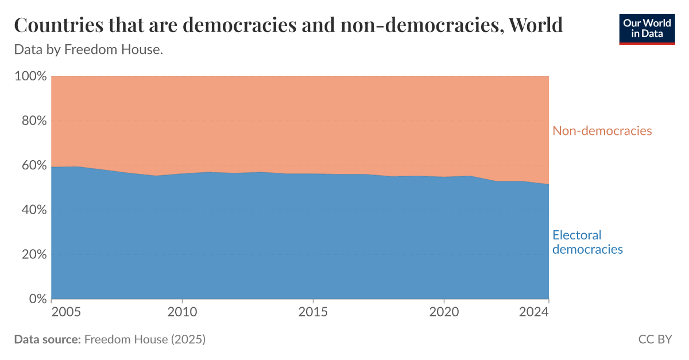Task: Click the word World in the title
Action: (x=536, y=26)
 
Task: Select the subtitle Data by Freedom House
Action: (x=88, y=50)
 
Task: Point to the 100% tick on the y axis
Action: (x=30, y=76)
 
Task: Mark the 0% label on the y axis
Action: (x=36, y=299)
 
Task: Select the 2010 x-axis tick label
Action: (x=182, y=312)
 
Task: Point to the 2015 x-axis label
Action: (x=313, y=312)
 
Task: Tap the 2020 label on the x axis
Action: (x=443, y=312)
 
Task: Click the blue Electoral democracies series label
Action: (x=587, y=242)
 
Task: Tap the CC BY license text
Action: (x=655, y=339)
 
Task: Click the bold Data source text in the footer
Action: (x=47, y=339)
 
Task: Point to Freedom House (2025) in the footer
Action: (x=145, y=339)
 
